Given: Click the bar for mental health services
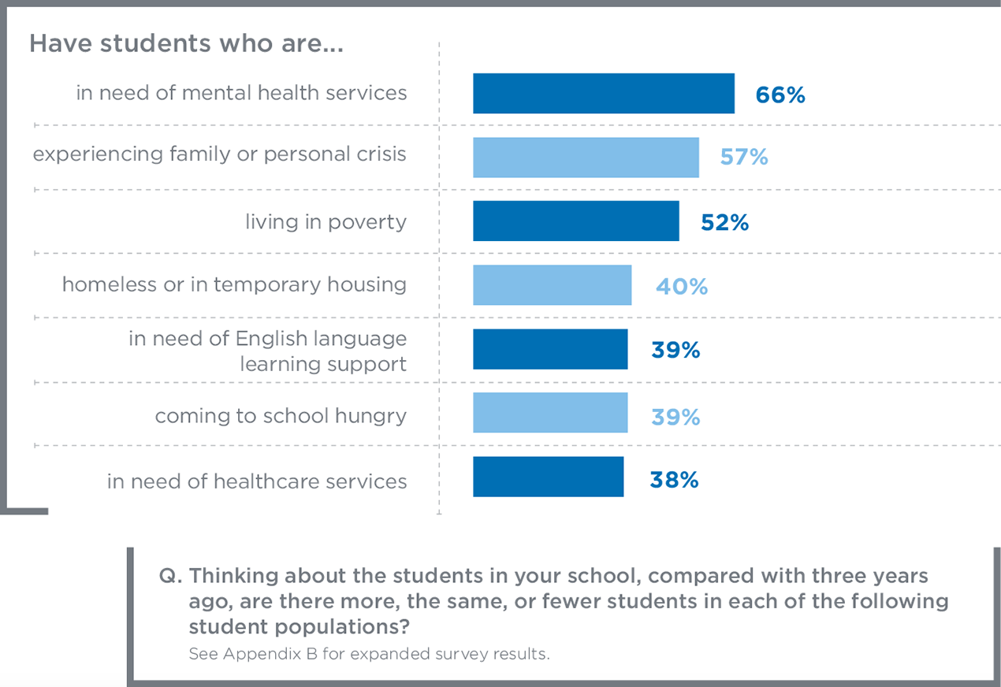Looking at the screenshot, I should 603,94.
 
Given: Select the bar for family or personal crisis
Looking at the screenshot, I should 586,158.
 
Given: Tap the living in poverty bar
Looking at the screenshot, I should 575,221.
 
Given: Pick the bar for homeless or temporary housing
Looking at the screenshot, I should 552,285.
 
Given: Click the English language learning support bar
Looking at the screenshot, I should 550,349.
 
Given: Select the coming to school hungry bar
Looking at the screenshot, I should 550,413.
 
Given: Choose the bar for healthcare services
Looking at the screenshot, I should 548,477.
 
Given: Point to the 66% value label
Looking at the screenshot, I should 780,95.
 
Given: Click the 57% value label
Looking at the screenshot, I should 744,158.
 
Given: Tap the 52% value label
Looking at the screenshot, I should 724,222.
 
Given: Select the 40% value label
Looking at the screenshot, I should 682,286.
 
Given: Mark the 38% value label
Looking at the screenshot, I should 674,480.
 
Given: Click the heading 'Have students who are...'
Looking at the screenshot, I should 186,44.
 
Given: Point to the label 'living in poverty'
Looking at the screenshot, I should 326,222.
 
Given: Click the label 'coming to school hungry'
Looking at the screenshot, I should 281,415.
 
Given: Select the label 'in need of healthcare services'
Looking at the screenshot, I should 257,481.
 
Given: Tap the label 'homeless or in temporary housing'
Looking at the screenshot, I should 234,284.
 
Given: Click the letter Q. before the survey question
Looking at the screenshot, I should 171,576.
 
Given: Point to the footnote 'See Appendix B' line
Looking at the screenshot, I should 368,654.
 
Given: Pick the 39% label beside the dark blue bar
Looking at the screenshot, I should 675,350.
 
